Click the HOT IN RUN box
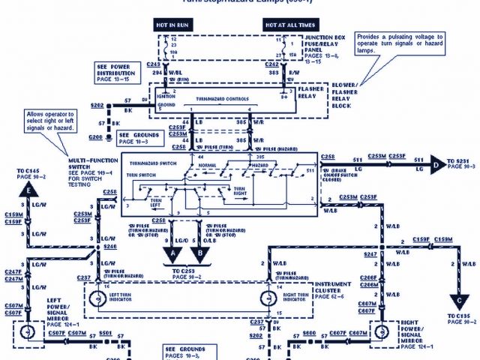(x=172, y=25)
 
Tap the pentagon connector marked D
(x=436, y=160)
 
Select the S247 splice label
(x=370, y=255)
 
